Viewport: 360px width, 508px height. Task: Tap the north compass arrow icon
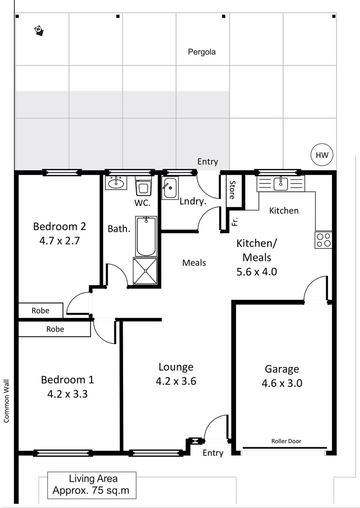click(39, 31)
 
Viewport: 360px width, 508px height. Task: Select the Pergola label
click(202, 52)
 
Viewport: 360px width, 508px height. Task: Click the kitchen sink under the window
click(281, 183)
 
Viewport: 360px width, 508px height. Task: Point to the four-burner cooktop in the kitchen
click(323, 240)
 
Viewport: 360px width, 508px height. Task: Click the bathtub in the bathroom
click(146, 236)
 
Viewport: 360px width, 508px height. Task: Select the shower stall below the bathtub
click(146, 271)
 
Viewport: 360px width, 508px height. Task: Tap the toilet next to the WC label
click(143, 187)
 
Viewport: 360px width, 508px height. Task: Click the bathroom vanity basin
click(116, 183)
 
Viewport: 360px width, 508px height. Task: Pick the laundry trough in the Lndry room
click(170, 189)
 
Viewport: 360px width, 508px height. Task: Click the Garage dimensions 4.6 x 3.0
click(282, 383)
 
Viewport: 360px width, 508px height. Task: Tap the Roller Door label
click(286, 441)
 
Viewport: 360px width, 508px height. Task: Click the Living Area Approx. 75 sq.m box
click(92, 485)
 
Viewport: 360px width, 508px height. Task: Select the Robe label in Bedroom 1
click(55, 329)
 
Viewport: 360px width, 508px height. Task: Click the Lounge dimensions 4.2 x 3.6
click(176, 381)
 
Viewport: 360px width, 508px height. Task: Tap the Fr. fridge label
click(234, 221)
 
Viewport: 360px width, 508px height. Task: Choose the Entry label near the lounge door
click(213, 453)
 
